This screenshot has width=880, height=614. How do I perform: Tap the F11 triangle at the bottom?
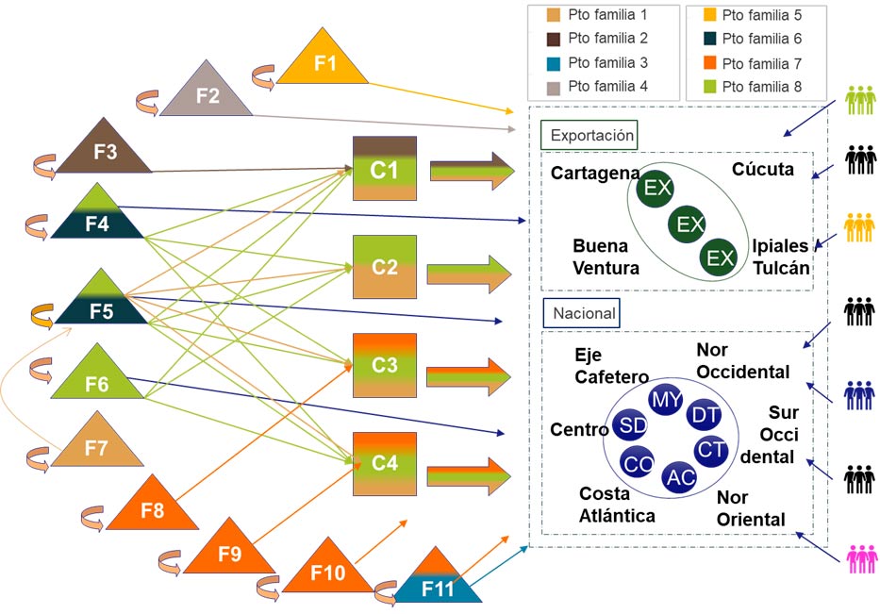coord(437,583)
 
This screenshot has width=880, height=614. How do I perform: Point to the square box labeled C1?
coord(385,169)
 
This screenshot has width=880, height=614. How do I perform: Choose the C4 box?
coord(385,463)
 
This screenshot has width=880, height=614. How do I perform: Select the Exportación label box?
coord(590,135)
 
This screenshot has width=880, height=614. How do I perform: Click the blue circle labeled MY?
coord(666,400)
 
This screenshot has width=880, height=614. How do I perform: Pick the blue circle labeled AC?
coord(680,477)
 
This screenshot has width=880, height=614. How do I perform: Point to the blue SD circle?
coord(629,425)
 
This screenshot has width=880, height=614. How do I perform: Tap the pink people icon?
coord(861,559)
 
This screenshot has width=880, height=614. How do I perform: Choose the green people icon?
coord(861,101)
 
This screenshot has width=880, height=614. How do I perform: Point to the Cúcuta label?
coord(762,170)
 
